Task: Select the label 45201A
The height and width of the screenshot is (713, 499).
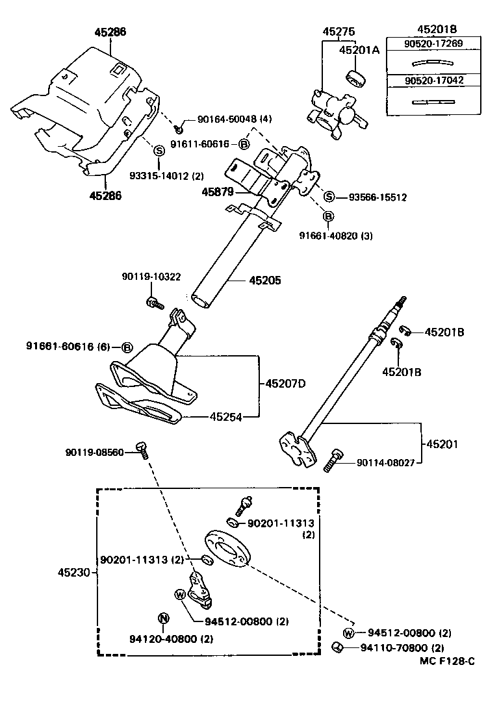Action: [358, 50]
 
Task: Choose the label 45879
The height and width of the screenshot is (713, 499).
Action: [218, 192]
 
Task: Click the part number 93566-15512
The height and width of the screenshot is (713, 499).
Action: [377, 197]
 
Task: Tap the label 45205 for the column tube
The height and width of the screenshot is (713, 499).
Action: [265, 281]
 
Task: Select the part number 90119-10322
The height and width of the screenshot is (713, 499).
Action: [151, 277]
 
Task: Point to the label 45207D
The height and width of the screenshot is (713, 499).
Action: [285, 384]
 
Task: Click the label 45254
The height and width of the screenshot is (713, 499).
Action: [225, 417]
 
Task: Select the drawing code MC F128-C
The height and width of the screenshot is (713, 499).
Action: [446, 661]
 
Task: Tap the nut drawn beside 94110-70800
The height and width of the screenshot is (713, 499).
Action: [338, 647]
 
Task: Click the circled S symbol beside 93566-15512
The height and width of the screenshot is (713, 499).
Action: [329, 197]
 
